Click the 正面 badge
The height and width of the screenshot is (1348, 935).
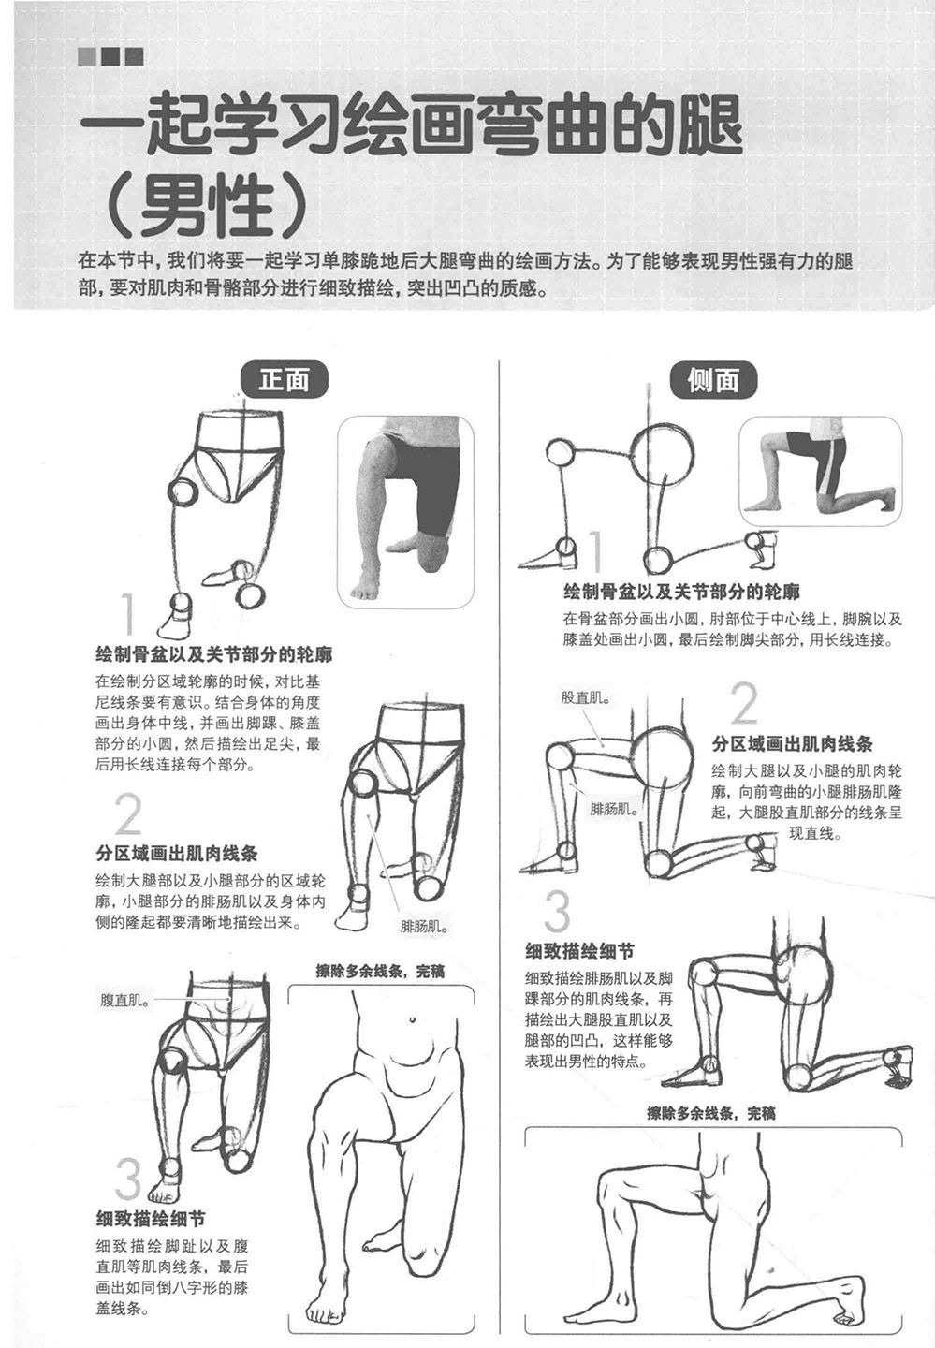tap(284, 380)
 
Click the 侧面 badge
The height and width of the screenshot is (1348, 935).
tap(713, 380)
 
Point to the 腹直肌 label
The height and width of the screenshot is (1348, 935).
tap(124, 1000)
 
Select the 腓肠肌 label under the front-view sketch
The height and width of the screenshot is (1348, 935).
tap(425, 926)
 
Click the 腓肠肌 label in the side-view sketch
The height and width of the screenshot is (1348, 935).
tap(614, 809)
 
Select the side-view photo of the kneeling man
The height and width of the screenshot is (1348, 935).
tap(821, 471)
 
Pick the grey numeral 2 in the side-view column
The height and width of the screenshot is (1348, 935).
tap(744, 703)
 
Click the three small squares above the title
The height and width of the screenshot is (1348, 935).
tap(110, 56)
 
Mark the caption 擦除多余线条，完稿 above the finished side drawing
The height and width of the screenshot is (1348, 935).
tap(711, 1113)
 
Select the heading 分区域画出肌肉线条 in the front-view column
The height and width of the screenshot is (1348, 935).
tap(176, 854)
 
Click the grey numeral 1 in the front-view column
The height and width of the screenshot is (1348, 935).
tap(127, 614)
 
